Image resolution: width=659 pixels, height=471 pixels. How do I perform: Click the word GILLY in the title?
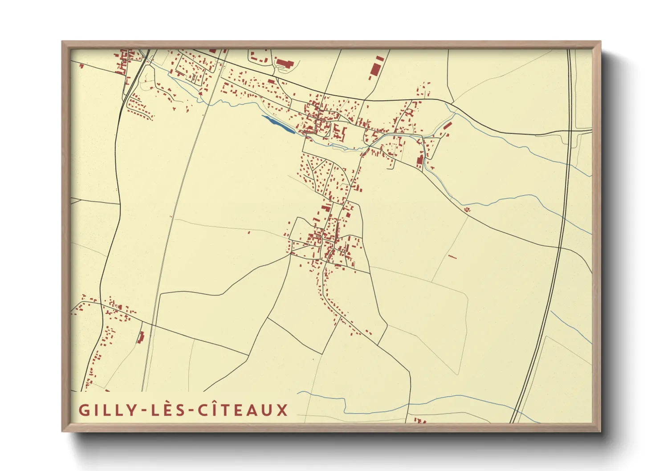coord(107,410)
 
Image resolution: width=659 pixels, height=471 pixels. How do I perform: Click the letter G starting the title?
coord(84,410)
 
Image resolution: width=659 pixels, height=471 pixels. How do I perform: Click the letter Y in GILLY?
coord(131,410)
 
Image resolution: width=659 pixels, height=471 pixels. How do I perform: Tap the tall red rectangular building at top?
coord(375,70)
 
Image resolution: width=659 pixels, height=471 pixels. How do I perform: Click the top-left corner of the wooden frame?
coord(63,42)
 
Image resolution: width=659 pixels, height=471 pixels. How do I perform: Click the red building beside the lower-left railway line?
coord(141,337)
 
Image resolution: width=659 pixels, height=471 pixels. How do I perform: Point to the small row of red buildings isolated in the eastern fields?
coord(452,256)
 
